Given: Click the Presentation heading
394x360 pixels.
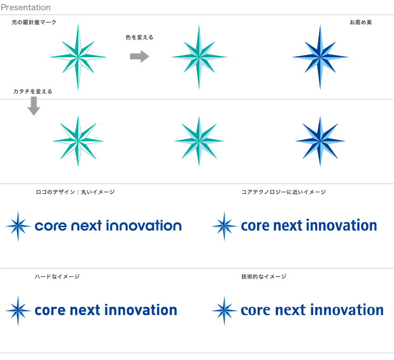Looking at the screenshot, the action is (x=25, y=8).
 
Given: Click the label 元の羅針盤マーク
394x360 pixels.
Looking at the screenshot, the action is (x=34, y=22).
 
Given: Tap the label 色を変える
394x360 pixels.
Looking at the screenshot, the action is (x=139, y=37).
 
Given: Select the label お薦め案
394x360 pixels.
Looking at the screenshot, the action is (x=361, y=22).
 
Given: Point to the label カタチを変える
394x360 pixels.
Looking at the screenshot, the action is (x=33, y=91).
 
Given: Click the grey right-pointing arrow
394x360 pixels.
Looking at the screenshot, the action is (x=140, y=56).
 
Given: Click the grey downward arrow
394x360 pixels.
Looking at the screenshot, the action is (x=33, y=106).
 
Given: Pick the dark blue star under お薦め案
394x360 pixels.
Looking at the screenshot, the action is (x=320, y=57).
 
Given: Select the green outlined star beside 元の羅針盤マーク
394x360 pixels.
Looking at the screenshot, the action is (x=78, y=57).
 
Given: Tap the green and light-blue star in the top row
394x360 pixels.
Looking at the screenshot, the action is (x=199, y=57).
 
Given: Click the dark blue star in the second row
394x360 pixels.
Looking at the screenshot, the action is (x=320, y=141).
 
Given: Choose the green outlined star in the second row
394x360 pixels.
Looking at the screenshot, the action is (x=78, y=141).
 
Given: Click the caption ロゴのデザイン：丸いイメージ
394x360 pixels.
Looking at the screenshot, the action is (x=75, y=192).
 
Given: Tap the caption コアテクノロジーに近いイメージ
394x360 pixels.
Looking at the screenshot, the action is (x=283, y=192).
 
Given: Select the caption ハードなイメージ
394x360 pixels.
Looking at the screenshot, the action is (x=57, y=276).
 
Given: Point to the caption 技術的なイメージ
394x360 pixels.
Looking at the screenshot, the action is (x=264, y=276).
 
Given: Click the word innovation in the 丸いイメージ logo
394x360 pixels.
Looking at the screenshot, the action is (x=144, y=225).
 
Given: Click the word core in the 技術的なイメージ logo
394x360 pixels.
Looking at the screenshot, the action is (x=255, y=310).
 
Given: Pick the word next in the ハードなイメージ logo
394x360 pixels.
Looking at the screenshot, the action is (x=85, y=310).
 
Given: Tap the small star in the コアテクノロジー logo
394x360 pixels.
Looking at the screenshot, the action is (x=225, y=226).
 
